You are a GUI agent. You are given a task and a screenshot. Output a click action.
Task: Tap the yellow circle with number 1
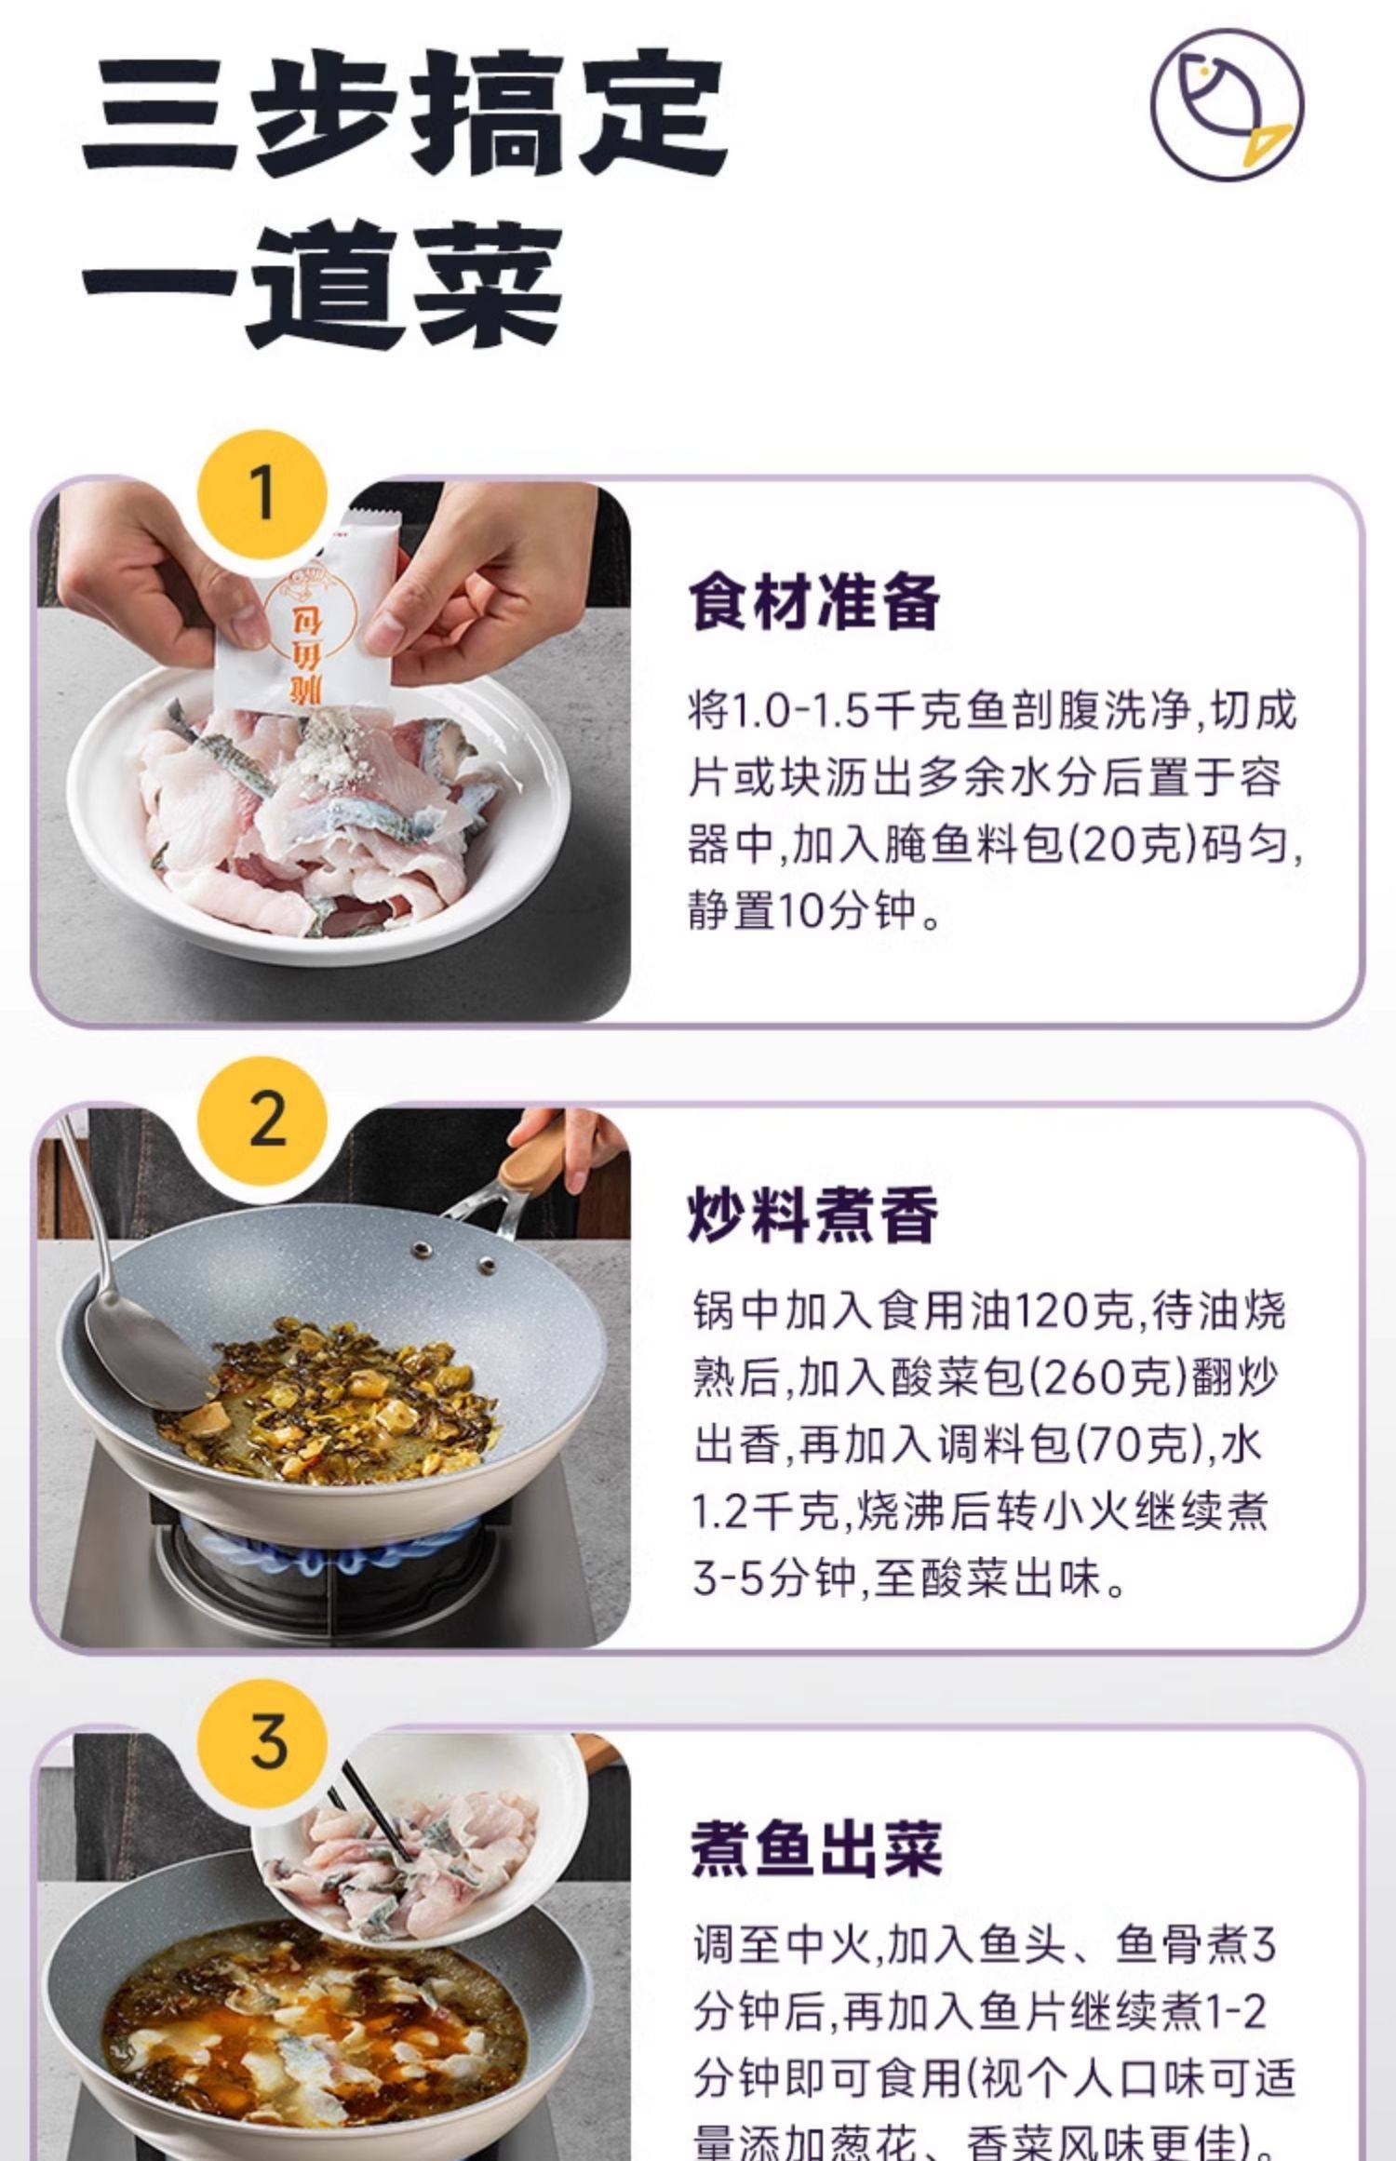coord(263,494)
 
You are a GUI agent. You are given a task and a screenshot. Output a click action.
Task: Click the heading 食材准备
coord(813,603)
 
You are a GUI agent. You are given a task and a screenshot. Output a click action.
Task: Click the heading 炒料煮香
coord(813,1215)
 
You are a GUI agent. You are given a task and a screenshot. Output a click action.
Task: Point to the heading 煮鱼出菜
coord(815,1849)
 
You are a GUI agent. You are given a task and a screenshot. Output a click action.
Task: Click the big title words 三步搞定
coord(405,116)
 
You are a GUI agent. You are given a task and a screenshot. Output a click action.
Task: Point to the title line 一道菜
coord(321,284)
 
